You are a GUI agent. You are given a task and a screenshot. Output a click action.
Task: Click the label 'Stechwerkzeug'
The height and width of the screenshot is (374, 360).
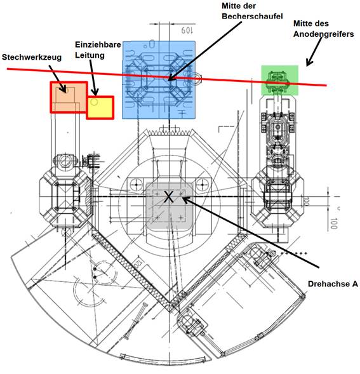(32, 58)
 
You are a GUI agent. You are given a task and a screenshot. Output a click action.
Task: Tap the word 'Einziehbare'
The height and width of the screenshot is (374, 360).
(98, 44)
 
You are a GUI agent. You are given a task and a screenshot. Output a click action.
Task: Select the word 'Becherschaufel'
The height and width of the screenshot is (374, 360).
(253, 17)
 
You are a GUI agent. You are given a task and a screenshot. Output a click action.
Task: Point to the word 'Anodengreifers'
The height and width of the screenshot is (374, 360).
(324, 34)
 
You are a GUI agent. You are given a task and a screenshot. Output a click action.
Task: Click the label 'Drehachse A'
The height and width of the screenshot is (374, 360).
(333, 284)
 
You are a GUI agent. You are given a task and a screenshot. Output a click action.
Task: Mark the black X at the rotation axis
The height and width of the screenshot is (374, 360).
(169, 197)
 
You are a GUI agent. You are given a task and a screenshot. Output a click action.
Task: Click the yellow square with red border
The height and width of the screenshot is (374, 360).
(100, 107)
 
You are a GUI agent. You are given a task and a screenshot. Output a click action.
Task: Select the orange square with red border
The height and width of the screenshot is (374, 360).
(69, 97)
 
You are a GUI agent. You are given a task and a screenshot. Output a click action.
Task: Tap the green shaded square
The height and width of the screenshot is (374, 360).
(280, 81)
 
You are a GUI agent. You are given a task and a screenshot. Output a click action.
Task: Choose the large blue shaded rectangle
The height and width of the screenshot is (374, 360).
(159, 80)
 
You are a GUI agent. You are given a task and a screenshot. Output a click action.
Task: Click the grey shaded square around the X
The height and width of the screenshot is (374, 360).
(170, 206)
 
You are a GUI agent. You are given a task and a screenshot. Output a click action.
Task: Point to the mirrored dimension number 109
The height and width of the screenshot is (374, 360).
(187, 30)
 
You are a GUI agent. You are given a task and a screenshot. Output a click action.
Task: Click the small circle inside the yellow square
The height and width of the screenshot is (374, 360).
(95, 102)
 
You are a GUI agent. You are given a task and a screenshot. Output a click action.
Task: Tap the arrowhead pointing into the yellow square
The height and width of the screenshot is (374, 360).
(95, 93)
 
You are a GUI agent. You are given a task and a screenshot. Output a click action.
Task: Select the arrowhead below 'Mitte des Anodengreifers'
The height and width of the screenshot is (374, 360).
(309, 63)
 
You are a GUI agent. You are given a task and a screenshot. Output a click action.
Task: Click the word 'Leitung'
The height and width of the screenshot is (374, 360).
(90, 55)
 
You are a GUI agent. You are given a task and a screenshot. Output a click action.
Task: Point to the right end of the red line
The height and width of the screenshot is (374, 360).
(326, 85)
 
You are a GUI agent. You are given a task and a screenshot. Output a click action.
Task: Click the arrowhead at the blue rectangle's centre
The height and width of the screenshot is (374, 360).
(171, 78)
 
